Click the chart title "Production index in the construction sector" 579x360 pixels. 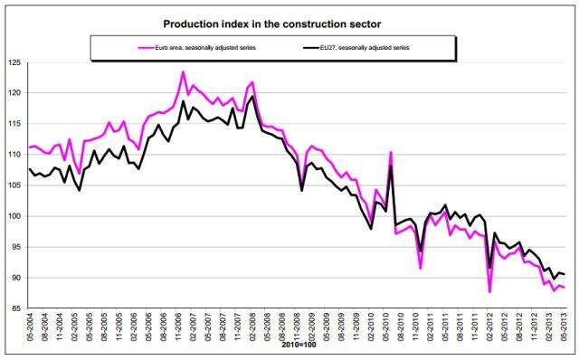(271, 24)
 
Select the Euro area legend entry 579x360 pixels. (197, 48)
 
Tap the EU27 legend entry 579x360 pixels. (356, 48)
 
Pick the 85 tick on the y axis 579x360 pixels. (16, 308)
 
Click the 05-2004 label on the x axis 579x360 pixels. (30, 327)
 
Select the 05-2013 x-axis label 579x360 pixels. (565, 327)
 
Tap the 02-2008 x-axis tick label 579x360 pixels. (253, 327)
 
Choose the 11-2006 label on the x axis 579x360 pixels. (178, 327)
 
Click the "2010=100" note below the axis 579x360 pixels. (299, 345)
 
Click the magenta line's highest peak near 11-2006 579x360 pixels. (183, 71)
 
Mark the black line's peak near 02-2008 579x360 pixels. (252, 97)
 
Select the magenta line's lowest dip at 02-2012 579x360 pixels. (489, 292)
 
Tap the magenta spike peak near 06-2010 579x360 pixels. (391, 152)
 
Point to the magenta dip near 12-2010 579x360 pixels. (420, 269)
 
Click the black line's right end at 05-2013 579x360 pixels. (565, 274)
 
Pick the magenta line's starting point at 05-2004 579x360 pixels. (30, 147)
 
